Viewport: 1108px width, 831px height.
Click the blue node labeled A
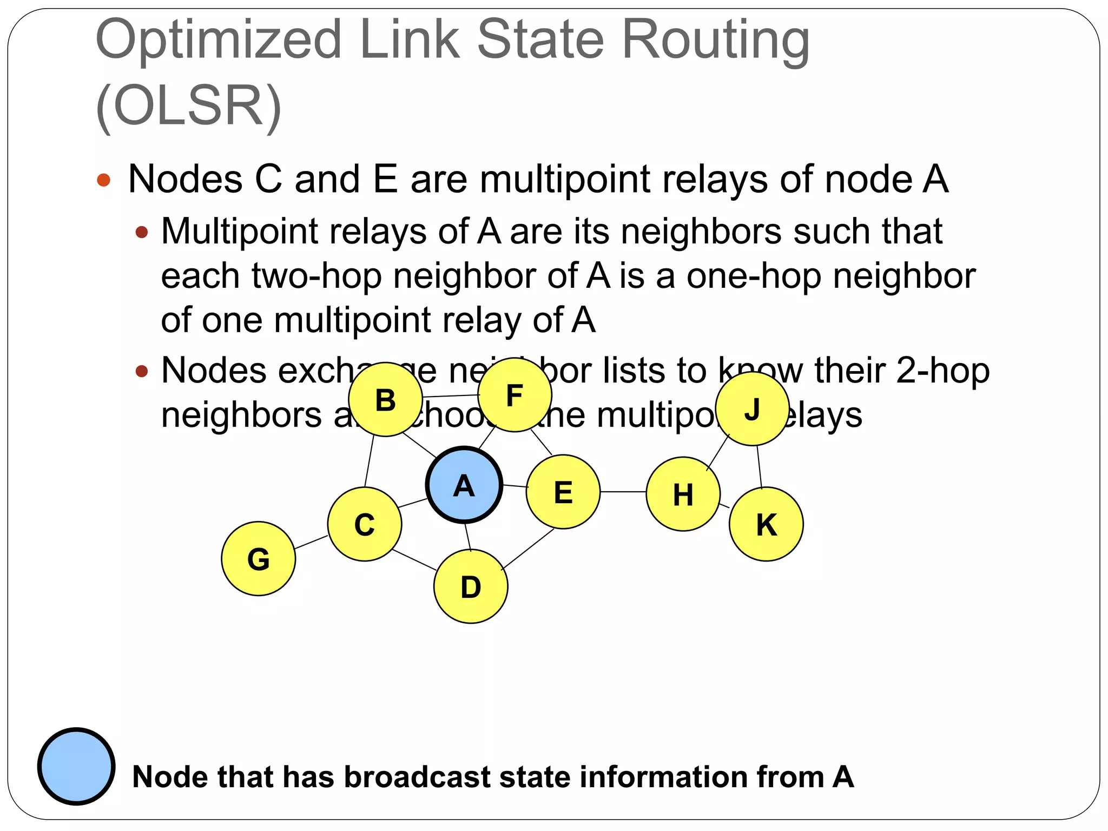pyautogui.click(x=464, y=485)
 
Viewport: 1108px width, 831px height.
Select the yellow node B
pyautogui.click(x=385, y=400)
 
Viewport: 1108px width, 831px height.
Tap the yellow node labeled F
pyautogui.click(x=515, y=395)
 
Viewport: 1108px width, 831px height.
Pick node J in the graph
pyautogui.click(x=752, y=408)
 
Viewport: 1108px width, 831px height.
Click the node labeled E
pyautogui.click(x=563, y=492)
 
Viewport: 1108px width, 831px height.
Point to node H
pyautogui.click(x=683, y=494)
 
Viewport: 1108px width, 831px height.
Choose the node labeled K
pyautogui.click(x=766, y=524)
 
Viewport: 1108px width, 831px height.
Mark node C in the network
pyautogui.click(x=365, y=524)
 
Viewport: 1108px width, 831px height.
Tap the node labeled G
pyautogui.click(x=259, y=558)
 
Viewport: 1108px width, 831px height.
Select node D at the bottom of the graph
pyautogui.click(x=471, y=586)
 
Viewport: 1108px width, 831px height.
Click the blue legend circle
pyautogui.click(x=76, y=766)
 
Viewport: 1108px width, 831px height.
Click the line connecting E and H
pyautogui.click(x=623, y=492)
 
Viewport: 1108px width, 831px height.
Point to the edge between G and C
pyautogui.click(x=312, y=542)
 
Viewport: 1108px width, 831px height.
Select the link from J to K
pyautogui.click(x=759, y=466)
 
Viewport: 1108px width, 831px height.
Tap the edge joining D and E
pyautogui.click(x=528, y=549)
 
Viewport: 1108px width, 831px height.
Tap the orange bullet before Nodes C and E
pyautogui.click(x=104, y=180)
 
